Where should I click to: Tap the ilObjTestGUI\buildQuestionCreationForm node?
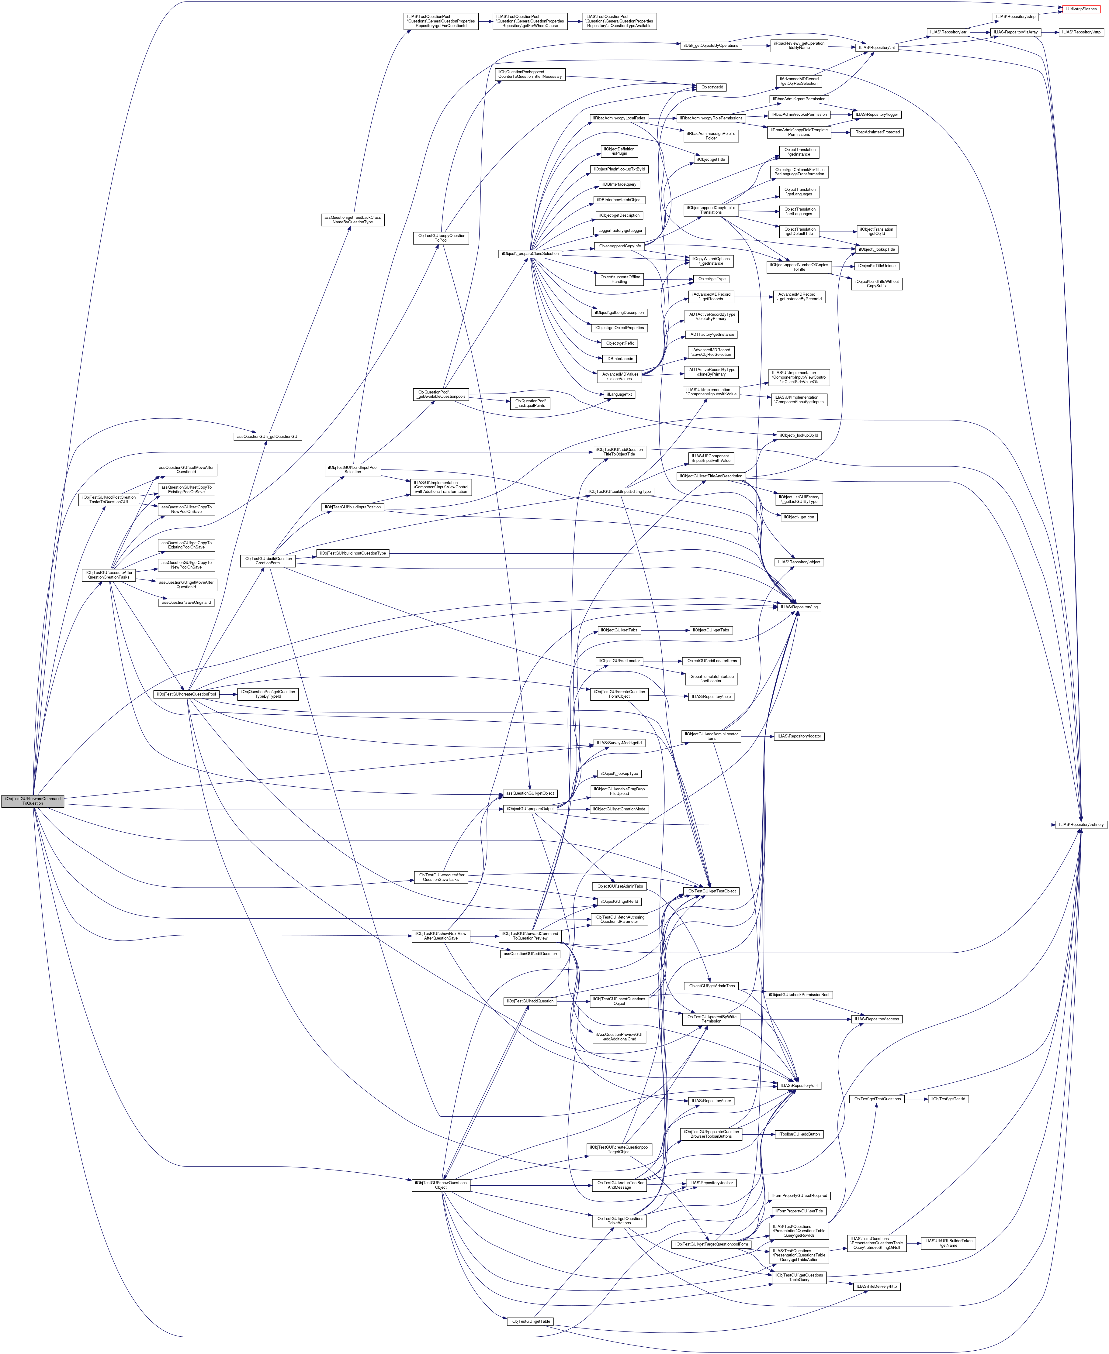(267, 561)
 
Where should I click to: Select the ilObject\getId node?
(712, 87)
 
